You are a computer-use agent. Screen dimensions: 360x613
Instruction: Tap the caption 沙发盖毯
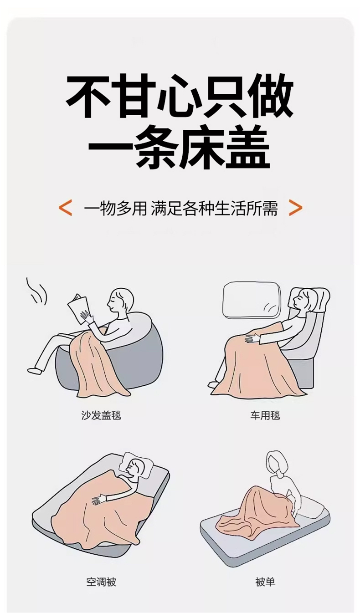click(x=101, y=415)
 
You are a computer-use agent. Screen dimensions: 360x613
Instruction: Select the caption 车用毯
click(x=265, y=415)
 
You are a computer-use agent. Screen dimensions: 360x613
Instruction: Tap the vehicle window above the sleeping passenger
click(x=252, y=300)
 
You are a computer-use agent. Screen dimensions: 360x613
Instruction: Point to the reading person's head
click(x=121, y=301)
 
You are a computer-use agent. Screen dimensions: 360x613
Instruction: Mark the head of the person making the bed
click(x=277, y=463)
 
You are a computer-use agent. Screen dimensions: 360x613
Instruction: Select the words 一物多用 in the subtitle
click(x=116, y=208)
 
